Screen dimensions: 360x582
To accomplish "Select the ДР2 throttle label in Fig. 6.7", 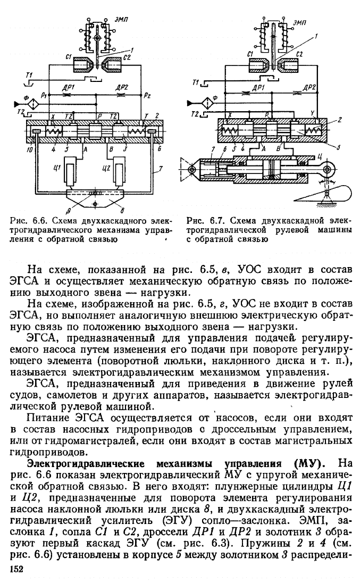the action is click(309, 87).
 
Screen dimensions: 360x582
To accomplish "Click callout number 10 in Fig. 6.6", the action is click(30, 150).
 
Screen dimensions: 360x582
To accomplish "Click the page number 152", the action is click(17, 569).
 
